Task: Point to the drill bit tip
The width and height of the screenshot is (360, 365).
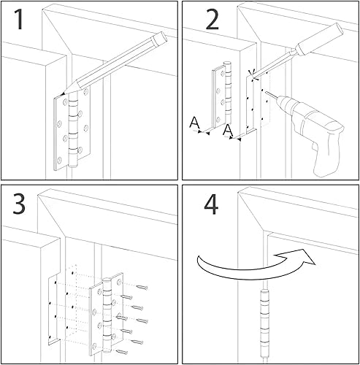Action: [267, 93]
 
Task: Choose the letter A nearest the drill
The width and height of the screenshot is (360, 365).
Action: [228, 131]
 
